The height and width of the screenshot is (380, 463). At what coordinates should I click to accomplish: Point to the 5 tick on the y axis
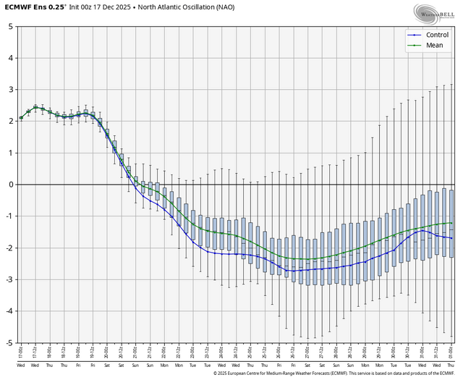9,26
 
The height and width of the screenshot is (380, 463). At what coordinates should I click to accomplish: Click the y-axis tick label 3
9,90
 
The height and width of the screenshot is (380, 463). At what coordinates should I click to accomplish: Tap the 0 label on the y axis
9,185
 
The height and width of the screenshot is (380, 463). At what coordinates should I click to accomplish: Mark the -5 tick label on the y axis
8,342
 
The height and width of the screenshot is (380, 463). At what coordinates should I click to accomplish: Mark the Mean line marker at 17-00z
21,118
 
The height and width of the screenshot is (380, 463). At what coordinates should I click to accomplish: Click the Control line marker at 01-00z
452,238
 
